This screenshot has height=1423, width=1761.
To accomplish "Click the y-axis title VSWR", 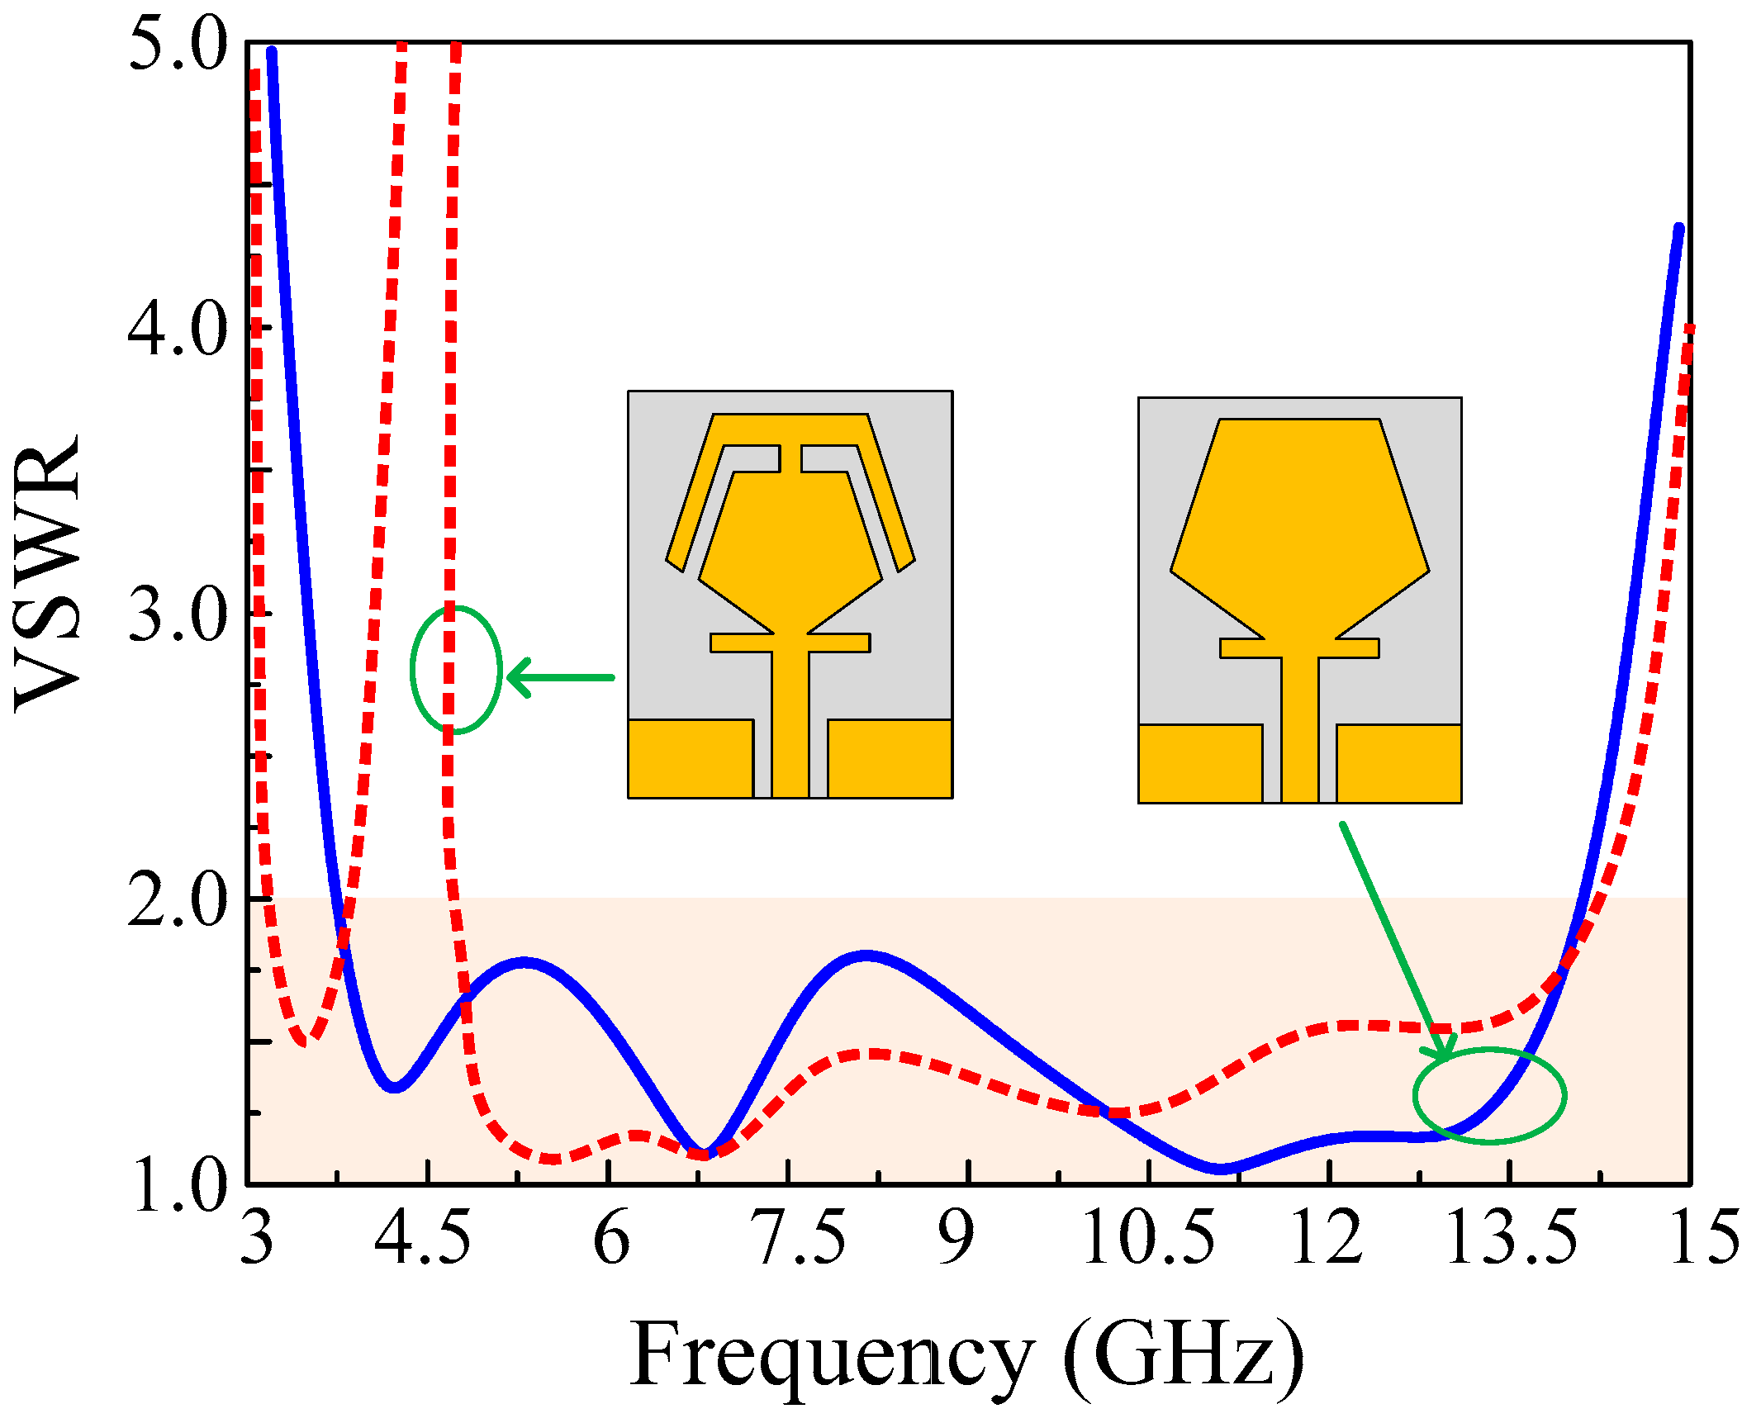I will (x=48, y=572).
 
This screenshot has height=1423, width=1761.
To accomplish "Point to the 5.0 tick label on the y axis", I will (x=178, y=45).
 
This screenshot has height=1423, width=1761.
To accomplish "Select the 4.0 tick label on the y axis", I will (x=178, y=330).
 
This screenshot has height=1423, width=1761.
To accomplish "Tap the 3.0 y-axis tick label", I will (x=178, y=616).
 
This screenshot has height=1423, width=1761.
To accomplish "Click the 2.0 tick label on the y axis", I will (x=178, y=902).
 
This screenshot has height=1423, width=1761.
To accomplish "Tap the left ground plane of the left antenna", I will (x=691, y=758).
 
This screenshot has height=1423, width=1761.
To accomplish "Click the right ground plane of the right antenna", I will (x=1398, y=763).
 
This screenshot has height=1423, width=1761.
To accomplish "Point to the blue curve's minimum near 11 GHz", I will (x=1221, y=1168).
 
